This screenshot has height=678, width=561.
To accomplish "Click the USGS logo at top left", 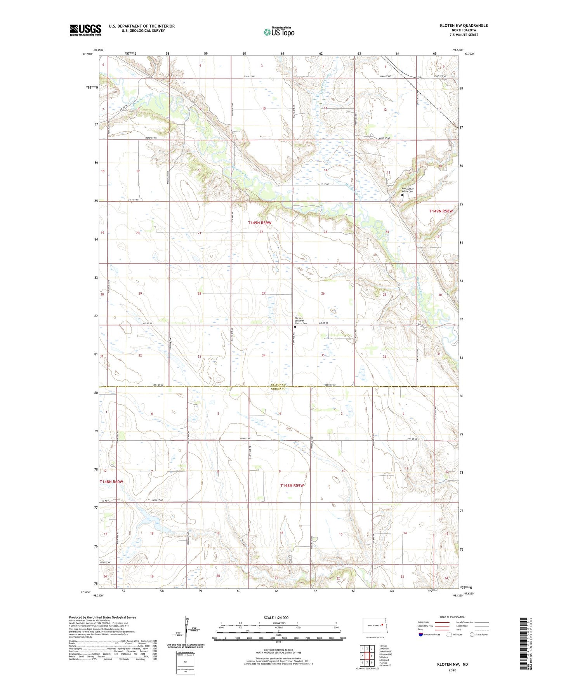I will click(85, 30).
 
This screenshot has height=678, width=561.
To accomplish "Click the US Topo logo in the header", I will click(279, 32).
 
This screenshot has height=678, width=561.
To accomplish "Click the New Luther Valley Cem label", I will click(408, 190).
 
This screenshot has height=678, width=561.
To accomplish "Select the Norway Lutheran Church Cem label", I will click(301, 320).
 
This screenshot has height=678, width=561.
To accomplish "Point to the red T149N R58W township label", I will click(441, 211).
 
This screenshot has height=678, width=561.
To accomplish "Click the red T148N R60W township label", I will click(111, 482).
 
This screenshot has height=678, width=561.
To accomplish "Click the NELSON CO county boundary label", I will click(278, 385).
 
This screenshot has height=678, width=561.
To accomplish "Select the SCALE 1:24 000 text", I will click(276, 617).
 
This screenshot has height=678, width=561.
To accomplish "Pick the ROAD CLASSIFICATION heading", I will click(452, 617).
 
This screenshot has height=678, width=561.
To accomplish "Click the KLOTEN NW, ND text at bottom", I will click(452, 664).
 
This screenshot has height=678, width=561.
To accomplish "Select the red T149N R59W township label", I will click(259, 223).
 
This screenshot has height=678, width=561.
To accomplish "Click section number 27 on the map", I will click(264, 294).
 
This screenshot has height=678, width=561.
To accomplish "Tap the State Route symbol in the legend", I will click(472, 635).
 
